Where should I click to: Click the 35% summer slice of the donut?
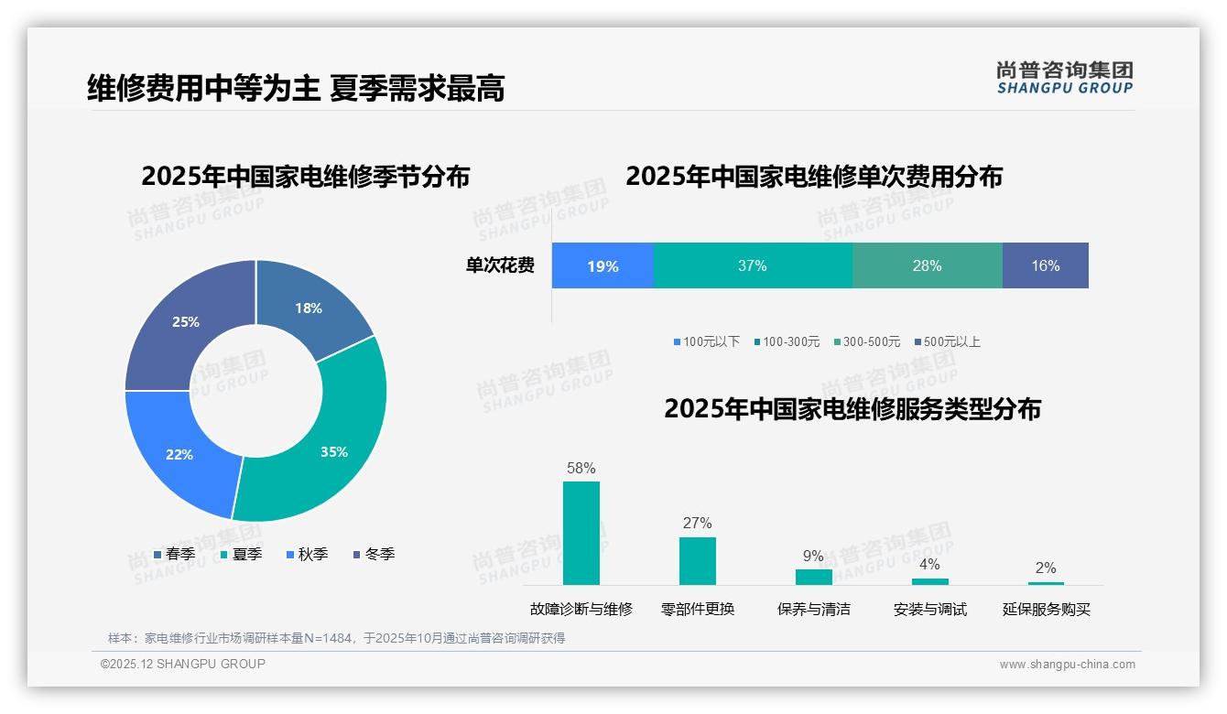[339, 439]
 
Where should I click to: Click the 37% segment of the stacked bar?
[753, 265]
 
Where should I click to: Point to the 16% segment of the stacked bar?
[1045, 265]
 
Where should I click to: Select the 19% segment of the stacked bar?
[603, 265]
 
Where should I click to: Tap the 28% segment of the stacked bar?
[927, 265]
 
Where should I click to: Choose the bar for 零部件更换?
[697, 560]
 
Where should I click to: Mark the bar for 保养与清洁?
[813, 577]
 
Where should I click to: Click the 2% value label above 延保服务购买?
[1046, 568]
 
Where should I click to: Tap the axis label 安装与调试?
[929, 609]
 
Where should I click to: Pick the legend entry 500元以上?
[950, 341]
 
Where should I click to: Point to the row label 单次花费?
[500, 265]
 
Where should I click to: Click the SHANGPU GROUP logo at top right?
[1064, 78]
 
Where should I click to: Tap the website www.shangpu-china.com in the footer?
[1067, 664]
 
